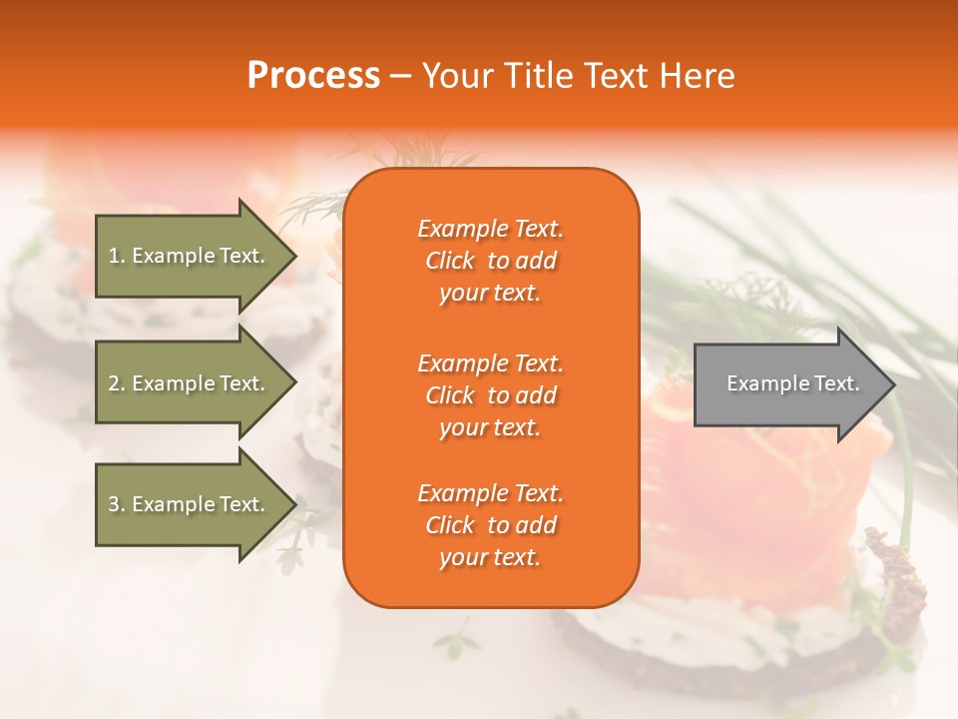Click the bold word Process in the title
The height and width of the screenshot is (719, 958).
click(313, 76)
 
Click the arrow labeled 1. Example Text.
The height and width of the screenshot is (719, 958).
click(190, 256)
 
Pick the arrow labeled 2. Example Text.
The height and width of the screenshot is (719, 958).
click(190, 383)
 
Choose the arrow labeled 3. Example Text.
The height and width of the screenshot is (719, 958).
click(190, 504)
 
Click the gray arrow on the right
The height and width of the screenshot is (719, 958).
click(788, 383)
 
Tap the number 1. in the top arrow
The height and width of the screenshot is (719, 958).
click(117, 256)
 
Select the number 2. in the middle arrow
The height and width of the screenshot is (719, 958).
click(117, 383)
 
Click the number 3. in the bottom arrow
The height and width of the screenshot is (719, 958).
click(117, 504)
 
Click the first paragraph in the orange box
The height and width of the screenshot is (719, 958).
click(490, 261)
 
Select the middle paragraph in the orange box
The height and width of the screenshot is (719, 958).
click(490, 395)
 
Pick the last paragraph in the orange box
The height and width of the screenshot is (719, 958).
click(490, 525)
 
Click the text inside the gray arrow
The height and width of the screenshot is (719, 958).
click(792, 383)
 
